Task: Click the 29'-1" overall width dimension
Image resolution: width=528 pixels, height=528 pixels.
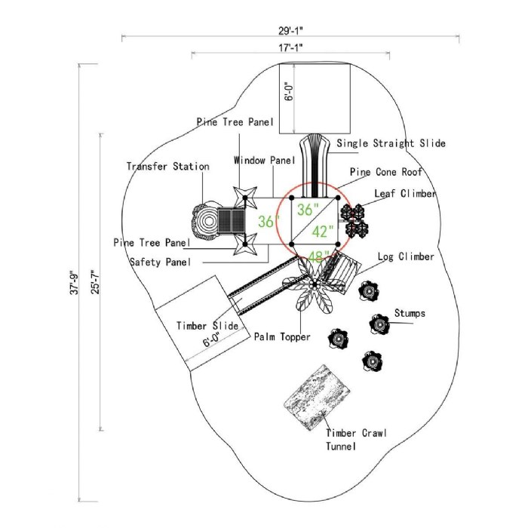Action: coord(290,31)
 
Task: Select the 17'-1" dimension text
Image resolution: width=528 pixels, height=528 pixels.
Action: coord(290,47)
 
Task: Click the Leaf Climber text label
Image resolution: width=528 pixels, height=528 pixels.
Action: coord(405,194)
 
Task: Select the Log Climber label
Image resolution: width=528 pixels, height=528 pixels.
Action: coord(405,257)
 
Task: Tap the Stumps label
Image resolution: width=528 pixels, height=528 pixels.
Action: coord(410,313)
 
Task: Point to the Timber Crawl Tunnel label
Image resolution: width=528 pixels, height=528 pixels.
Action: coord(356,439)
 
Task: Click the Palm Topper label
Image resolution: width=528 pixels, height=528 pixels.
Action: coord(282,337)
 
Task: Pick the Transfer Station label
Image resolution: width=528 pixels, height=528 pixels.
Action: coord(167,166)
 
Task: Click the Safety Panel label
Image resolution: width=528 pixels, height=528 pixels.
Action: coord(160,262)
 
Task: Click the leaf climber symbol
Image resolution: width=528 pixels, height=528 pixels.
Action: coord(355,219)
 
